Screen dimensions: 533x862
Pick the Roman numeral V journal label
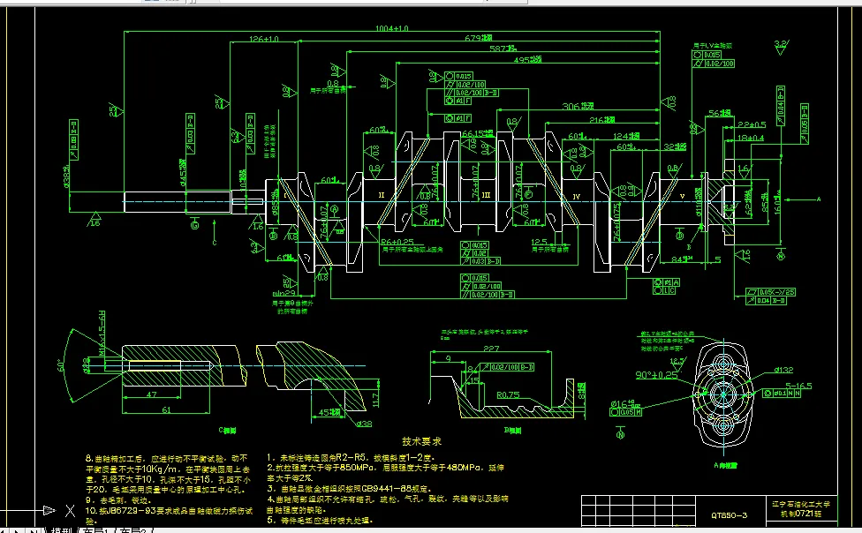681,194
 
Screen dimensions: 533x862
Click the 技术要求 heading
421,439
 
